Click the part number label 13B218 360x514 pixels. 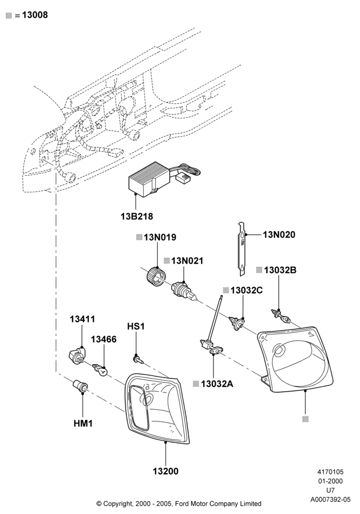coord(137,216)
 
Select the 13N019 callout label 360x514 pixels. coord(160,237)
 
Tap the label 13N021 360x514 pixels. coord(187,261)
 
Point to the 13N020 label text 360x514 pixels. coord(279,235)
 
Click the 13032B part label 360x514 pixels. coord(280,270)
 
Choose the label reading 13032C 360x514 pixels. coord(246,290)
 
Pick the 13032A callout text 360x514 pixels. coord(217,384)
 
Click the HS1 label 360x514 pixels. coord(136,326)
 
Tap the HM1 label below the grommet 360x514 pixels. coord(83,424)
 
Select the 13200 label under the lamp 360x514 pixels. coord(166,471)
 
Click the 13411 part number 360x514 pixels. coord(82,319)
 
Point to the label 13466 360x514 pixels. coord(103,339)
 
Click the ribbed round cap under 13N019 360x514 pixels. coord(155,277)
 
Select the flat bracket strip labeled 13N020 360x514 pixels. coord(242,248)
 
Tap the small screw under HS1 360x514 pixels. coord(138,359)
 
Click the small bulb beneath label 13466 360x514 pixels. coord(100,369)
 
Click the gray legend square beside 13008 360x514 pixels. coord(9,15)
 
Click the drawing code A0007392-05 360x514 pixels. coord(331,500)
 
